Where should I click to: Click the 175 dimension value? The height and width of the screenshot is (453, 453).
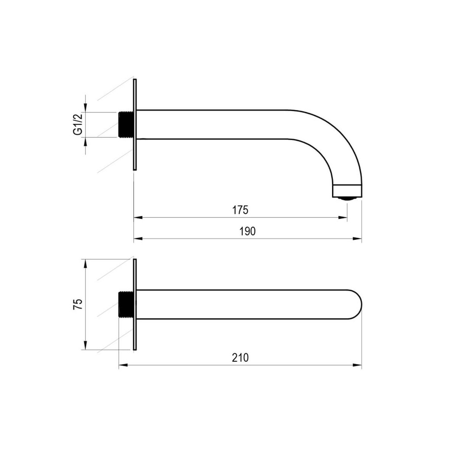coord(240,210)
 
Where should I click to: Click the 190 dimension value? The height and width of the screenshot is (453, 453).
coord(248,231)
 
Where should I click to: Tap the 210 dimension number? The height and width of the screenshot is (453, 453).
coord(240,357)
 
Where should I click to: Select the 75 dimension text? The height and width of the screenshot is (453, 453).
coord(79,304)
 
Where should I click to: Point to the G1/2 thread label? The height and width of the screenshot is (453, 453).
coord(78,124)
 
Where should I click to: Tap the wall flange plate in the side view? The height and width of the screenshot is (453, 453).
coord(135,124)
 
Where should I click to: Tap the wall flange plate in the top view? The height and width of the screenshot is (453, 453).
coord(135,304)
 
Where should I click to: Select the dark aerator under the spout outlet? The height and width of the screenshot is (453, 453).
coord(347,199)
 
